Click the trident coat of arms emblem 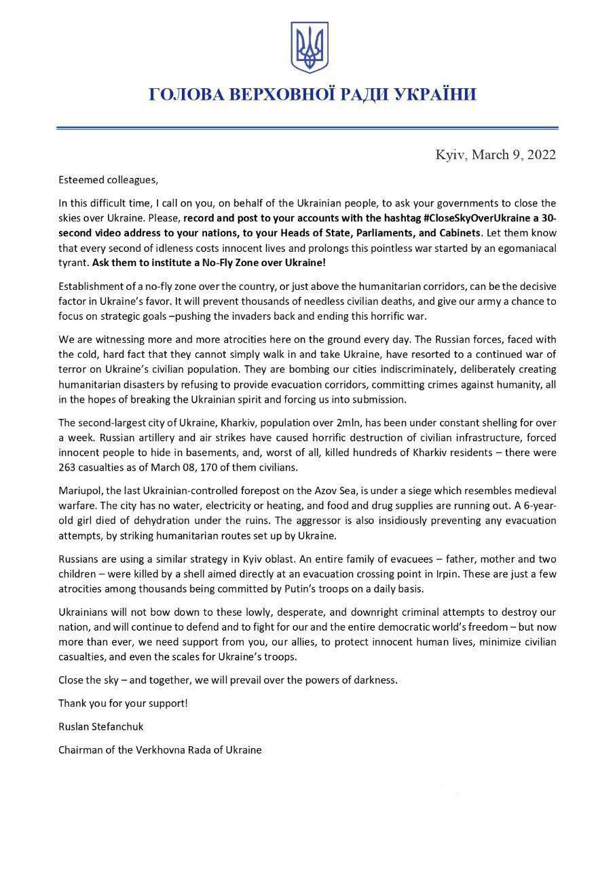310,47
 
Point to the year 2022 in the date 541,155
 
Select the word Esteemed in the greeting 80,180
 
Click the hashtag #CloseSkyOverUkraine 384,218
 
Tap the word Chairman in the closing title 80,750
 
